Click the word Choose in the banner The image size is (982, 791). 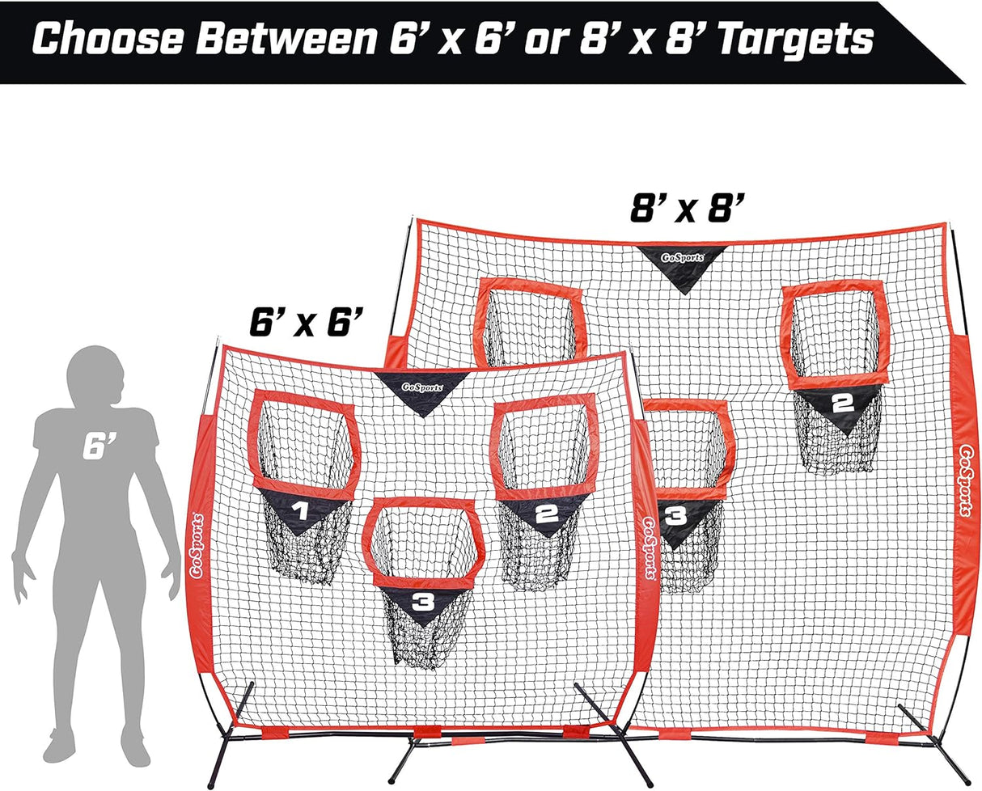pos(108,40)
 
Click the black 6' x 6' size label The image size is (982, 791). pos(306,322)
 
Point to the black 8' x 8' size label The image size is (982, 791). pos(688,208)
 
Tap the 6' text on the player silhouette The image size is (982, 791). pos(99,446)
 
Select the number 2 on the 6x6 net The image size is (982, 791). pos(547,514)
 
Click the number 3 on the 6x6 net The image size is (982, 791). pos(424,603)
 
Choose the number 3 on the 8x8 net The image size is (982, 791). pos(675,516)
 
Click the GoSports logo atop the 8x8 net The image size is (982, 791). pos(682,258)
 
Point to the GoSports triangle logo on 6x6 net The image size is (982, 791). pos(422,387)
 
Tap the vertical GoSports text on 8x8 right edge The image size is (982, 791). pos(964,480)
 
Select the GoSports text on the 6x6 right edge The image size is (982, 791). pos(650,548)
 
